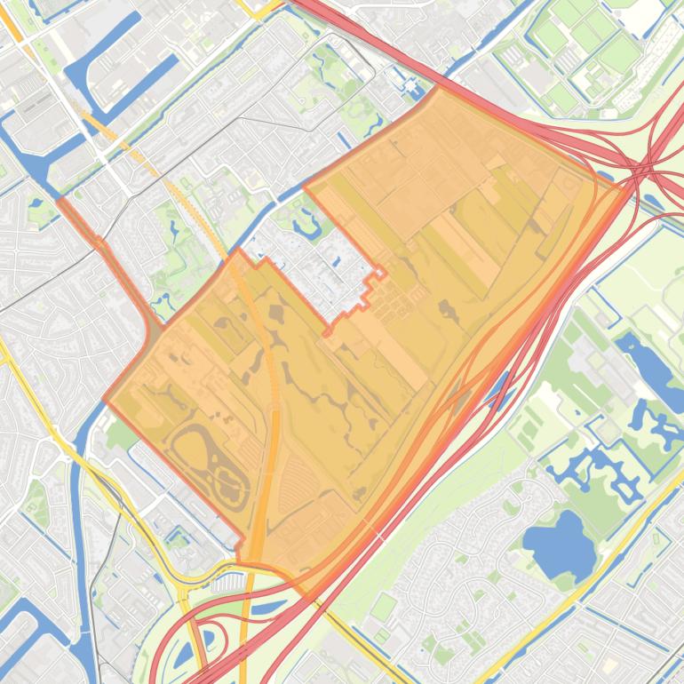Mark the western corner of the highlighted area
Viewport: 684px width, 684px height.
click(106, 400)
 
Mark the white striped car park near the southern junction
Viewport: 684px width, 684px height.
click(227, 582)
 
